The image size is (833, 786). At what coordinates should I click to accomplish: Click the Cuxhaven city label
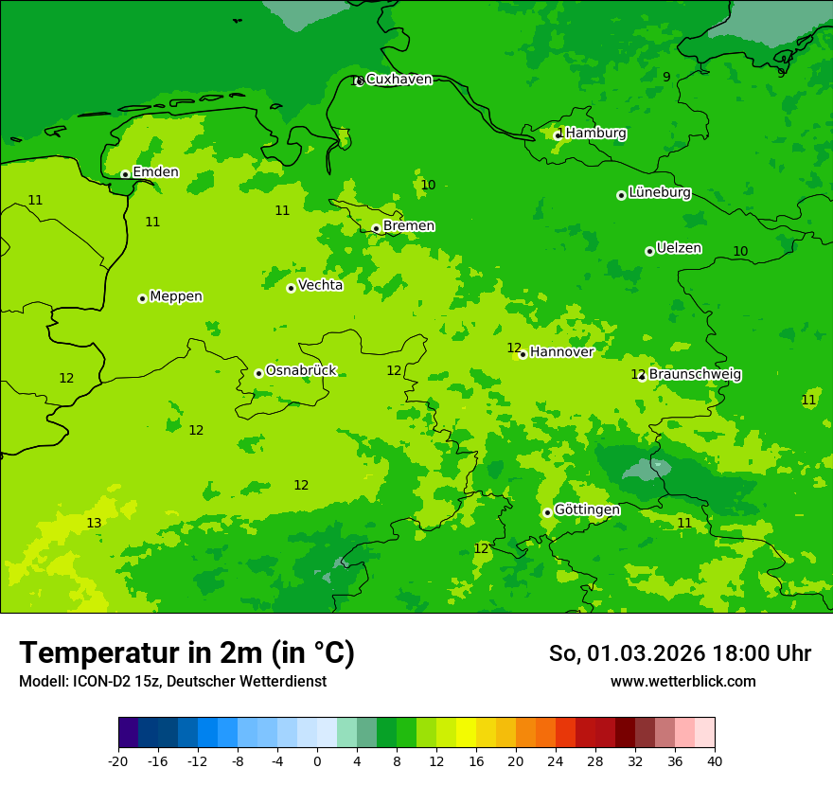click(x=399, y=79)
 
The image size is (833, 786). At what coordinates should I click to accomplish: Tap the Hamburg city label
click(x=595, y=134)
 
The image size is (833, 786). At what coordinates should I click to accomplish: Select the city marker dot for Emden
click(x=125, y=174)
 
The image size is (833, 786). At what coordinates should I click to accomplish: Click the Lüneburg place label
click(x=659, y=192)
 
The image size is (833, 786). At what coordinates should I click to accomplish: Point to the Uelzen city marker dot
click(x=649, y=251)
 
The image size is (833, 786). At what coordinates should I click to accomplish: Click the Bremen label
click(x=408, y=225)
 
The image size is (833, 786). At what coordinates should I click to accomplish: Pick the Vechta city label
click(x=320, y=285)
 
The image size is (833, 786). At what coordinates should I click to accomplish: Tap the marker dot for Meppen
click(x=142, y=298)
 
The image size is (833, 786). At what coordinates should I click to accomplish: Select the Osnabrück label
click(x=300, y=370)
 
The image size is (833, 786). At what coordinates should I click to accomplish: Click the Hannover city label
click(x=561, y=351)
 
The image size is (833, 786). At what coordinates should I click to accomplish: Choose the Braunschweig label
click(x=694, y=374)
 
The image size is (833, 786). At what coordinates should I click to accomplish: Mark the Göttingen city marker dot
click(x=547, y=512)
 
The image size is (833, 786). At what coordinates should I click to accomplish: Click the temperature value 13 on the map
click(x=94, y=523)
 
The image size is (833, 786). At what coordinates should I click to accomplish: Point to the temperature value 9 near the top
click(x=666, y=77)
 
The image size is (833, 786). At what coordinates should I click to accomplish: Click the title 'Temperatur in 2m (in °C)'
click(x=186, y=652)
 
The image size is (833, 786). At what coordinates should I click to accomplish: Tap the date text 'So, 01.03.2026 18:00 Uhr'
click(x=680, y=653)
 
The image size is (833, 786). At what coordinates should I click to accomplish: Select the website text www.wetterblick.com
click(x=682, y=681)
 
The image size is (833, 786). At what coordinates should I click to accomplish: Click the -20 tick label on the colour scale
click(x=118, y=760)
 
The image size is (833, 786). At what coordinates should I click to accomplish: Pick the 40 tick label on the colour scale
click(x=715, y=760)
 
